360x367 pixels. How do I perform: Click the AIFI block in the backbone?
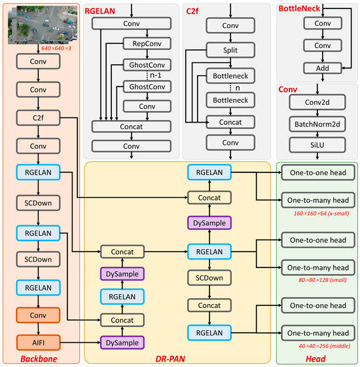[37, 341]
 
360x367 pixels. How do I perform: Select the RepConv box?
[147, 43]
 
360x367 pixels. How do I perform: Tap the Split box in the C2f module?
[230, 50]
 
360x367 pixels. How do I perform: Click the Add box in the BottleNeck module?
[322, 68]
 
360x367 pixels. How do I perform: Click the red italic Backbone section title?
[39, 358]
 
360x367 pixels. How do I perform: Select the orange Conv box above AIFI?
[37, 317]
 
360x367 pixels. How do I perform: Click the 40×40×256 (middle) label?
[317, 346]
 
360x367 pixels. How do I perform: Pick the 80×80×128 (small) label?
[317, 280]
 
